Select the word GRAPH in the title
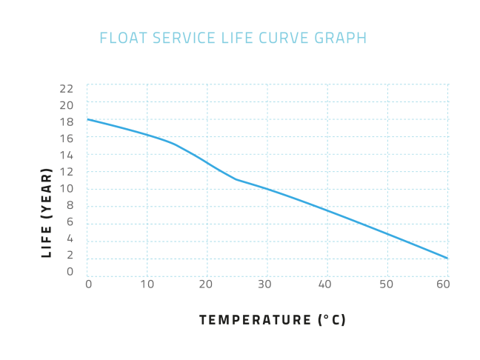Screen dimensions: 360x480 (343, 38)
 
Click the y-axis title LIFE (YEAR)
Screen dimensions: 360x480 (47, 213)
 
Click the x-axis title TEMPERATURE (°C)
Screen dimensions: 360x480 (273, 320)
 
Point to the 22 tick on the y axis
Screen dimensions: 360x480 (67, 88)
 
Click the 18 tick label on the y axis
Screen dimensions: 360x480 (67, 121)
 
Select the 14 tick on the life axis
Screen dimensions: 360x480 (67, 155)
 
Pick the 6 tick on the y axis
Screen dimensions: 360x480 (70, 221)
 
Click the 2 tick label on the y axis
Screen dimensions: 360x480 (70, 255)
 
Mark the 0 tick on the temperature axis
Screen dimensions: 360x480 (88, 284)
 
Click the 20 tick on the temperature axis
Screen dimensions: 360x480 (207, 284)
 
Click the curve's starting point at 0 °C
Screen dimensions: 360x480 (87, 119)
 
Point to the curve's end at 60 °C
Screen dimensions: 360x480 (447, 259)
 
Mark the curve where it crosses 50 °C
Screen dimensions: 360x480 (387, 234)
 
